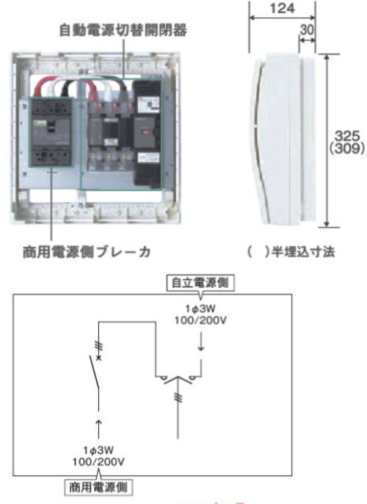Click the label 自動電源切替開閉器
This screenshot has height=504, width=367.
[x=123, y=30]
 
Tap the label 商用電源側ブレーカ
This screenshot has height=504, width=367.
[x=87, y=252]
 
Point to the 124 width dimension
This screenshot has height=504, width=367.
[x=283, y=8]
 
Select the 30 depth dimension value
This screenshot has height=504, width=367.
[x=307, y=30]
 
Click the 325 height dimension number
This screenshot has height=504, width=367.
[x=347, y=136]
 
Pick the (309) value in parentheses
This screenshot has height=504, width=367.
[x=347, y=148]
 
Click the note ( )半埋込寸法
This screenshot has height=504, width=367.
[x=291, y=252]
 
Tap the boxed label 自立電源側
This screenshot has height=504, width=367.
[x=200, y=283]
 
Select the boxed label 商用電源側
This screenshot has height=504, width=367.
[x=98, y=488]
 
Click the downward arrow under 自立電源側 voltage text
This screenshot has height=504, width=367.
[x=201, y=342]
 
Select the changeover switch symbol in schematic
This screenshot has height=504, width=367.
[x=178, y=379]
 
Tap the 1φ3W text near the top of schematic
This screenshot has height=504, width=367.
[x=200, y=309]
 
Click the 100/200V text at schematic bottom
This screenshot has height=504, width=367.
[x=98, y=462]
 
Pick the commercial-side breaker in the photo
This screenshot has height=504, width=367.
[x=51, y=132]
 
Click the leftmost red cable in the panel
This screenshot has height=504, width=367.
[x=41, y=87]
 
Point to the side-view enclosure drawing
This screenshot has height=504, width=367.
[x=283, y=139]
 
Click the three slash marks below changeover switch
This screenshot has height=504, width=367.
[x=178, y=398]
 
